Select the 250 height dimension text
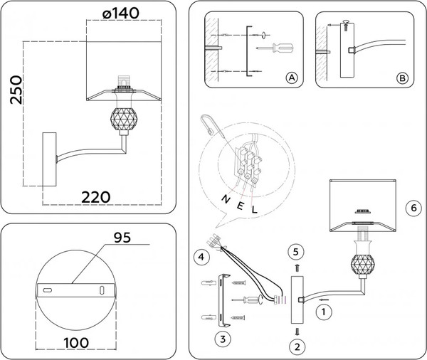pyautogui.click(x=14, y=89)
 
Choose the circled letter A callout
pyautogui.click(x=290, y=78)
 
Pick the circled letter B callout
pyautogui.click(x=401, y=78)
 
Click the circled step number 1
pyautogui.click(x=324, y=310)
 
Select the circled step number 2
pyautogui.click(x=297, y=347)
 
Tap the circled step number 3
pyautogui.click(x=222, y=339)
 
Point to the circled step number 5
pyautogui.click(x=297, y=252)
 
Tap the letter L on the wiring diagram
pyautogui.click(x=253, y=208)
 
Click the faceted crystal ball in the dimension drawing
pyautogui.click(x=126, y=120)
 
